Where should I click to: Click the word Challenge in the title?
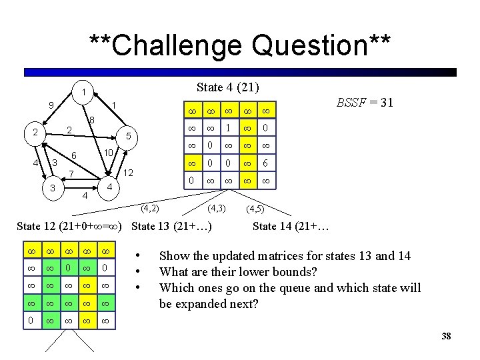click(x=171, y=46)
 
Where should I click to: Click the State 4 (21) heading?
click(x=228, y=87)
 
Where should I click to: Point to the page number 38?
click(x=446, y=336)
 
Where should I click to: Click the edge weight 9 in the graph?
click(x=51, y=105)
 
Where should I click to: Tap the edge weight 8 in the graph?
click(x=92, y=120)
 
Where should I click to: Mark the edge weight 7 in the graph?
click(x=71, y=175)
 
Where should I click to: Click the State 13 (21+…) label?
click(x=172, y=226)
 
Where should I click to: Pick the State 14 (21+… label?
click(x=291, y=226)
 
